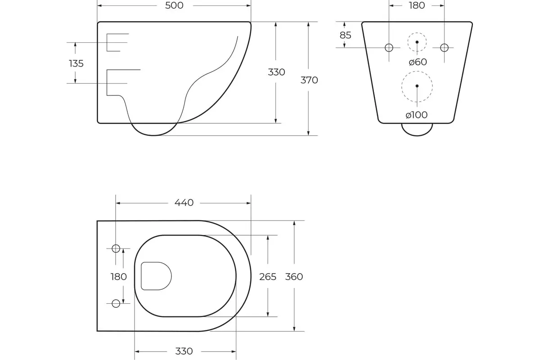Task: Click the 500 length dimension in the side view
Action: point(174,5)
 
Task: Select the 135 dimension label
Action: point(76,63)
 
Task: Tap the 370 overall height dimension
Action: point(309,80)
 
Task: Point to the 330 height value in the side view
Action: point(276,72)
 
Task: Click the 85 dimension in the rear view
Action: point(345,35)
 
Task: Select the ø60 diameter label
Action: point(418,62)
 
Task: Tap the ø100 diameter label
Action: point(416,115)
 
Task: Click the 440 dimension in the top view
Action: point(184,202)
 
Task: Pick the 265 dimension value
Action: point(268,277)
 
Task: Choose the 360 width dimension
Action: point(294,277)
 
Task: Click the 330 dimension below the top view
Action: point(184,351)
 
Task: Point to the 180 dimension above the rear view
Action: point(416,5)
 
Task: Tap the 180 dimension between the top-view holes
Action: point(119,277)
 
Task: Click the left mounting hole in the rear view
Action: point(389,48)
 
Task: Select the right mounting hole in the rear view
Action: point(444,48)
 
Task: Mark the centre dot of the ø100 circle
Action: point(417,85)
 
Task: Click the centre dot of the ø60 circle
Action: point(417,42)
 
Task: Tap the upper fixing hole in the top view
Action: point(116,248)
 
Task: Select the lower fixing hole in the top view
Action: point(116,303)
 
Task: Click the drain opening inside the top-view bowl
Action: point(156,276)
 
